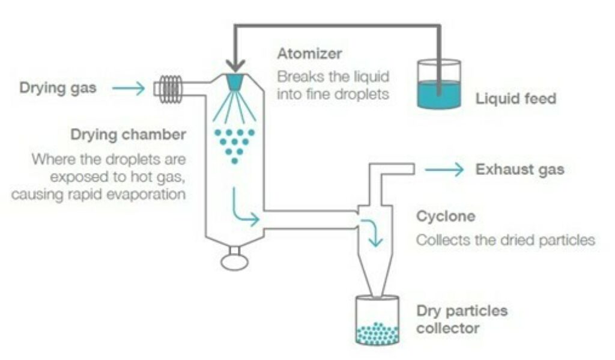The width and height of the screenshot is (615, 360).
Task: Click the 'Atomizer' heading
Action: tap(309, 53)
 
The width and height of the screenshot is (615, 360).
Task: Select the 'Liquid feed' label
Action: tap(516, 99)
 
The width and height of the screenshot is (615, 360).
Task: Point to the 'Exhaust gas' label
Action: tap(520, 169)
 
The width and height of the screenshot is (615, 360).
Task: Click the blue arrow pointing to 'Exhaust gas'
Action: tap(444, 170)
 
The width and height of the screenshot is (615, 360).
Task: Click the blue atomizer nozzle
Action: tap(235, 82)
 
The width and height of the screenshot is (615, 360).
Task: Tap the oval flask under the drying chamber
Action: tap(235, 261)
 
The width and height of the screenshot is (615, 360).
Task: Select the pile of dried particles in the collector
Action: tap(377, 333)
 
